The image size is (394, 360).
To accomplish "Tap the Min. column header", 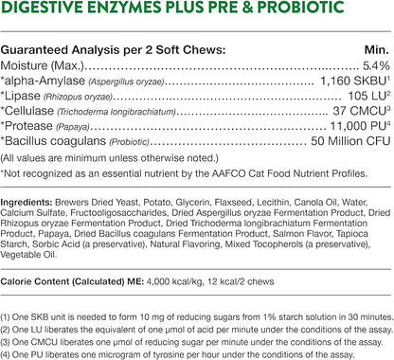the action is click(x=371, y=48).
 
